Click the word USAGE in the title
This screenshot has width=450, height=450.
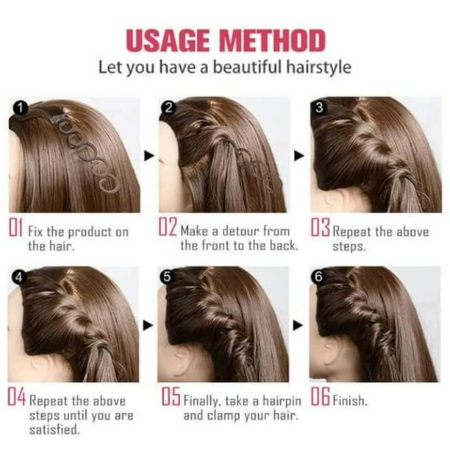pyautogui.click(x=168, y=40)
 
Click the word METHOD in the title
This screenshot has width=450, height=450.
pyautogui.click(x=273, y=40)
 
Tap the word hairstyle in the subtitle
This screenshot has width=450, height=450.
pyautogui.click(x=318, y=68)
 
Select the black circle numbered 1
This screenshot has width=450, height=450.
pyautogui.click(x=20, y=108)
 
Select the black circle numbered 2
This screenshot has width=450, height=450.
pyautogui.click(x=168, y=108)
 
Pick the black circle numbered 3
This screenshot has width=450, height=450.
pyautogui.click(x=319, y=107)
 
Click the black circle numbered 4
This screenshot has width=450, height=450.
pyautogui.click(x=18, y=277)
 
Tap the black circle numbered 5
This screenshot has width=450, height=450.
pyautogui.click(x=167, y=277)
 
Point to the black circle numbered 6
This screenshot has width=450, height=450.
pyautogui.click(x=318, y=276)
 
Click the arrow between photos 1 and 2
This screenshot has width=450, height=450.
pyautogui.click(x=149, y=156)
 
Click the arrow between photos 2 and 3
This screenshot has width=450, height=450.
pyautogui.click(x=299, y=156)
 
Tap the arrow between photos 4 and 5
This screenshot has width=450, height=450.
pyautogui.click(x=148, y=326)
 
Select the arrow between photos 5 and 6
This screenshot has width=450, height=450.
pyautogui.click(x=298, y=326)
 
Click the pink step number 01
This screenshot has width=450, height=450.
pyautogui.click(x=15, y=227)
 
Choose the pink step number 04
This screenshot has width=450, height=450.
pyautogui.click(x=16, y=396)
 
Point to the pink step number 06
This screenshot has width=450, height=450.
pyautogui.click(x=320, y=396)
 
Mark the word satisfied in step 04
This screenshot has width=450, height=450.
pyautogui.click(x=54, y=429)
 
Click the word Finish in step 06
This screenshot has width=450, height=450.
pyautogui.click(x=350, y=401)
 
